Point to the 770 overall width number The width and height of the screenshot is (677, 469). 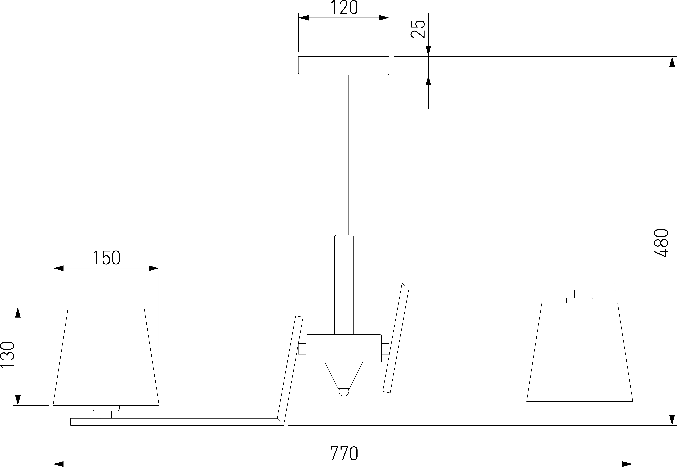[x=344, y=453]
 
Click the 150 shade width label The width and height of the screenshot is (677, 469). [x=107, y=258]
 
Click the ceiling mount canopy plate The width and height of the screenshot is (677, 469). [x=344, y=66]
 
